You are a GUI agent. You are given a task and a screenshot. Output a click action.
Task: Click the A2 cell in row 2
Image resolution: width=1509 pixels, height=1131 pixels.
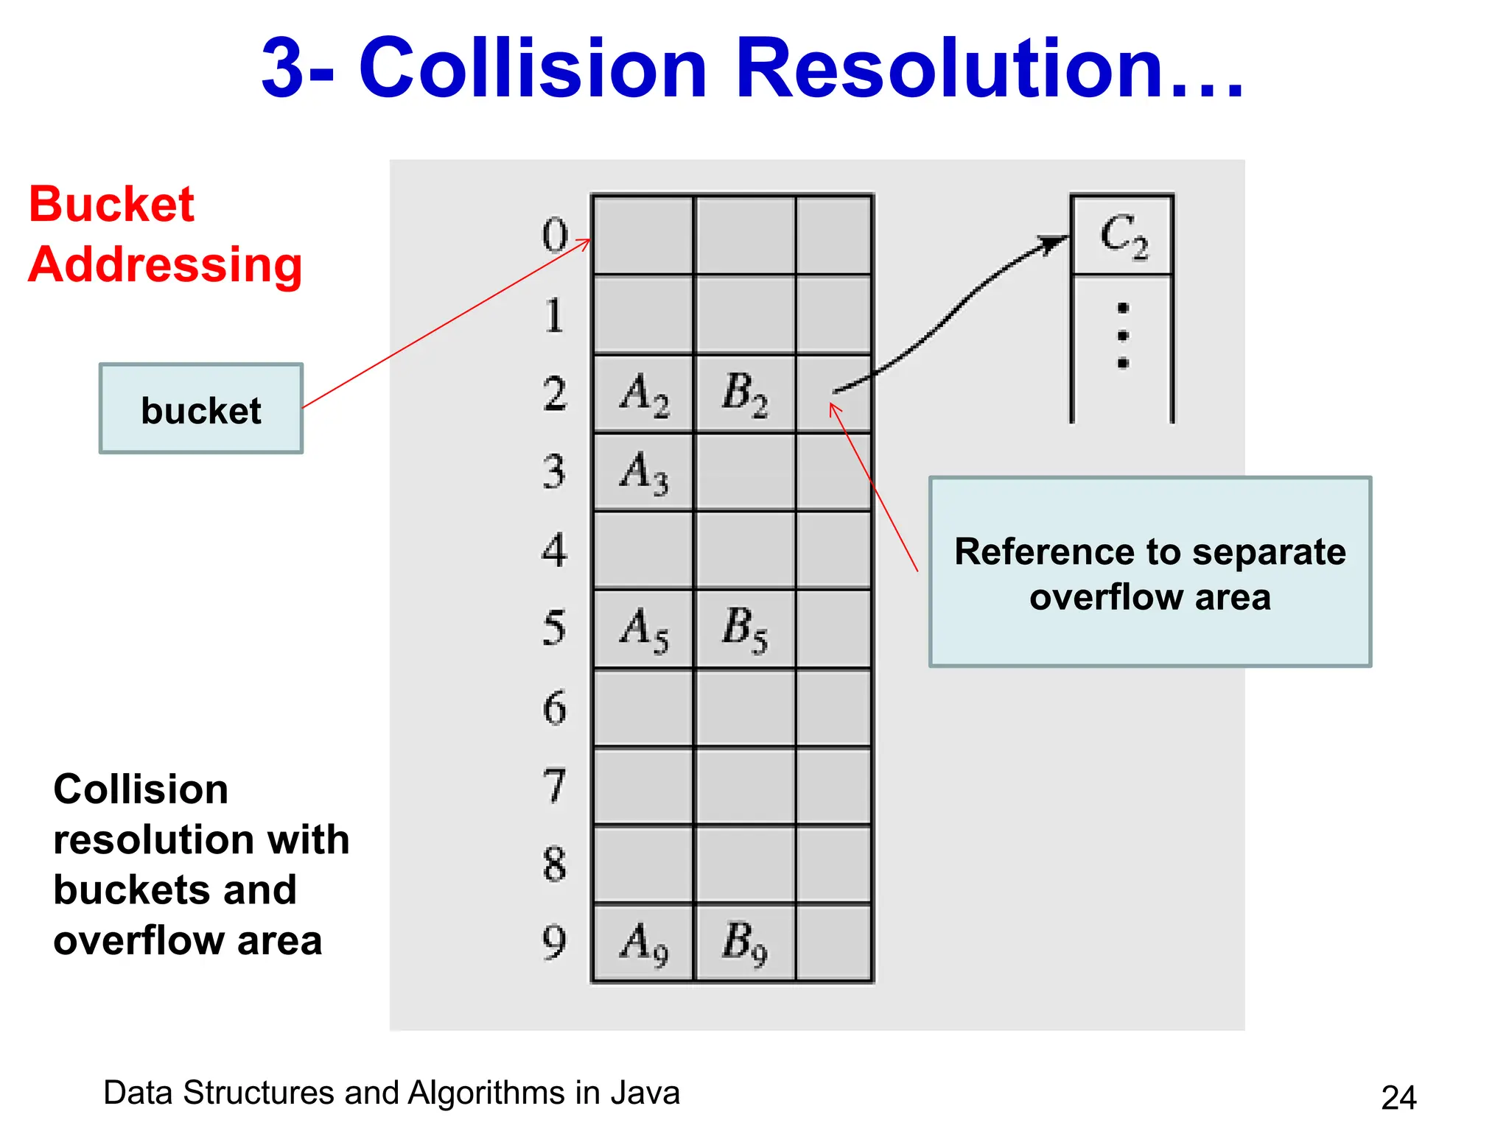644,393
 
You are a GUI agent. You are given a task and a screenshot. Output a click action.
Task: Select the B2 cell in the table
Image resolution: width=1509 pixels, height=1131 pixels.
745,393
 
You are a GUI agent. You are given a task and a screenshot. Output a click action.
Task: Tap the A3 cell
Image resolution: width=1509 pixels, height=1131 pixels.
644,472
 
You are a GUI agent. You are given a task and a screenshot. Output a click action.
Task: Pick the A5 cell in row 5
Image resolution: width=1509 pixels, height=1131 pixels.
644,629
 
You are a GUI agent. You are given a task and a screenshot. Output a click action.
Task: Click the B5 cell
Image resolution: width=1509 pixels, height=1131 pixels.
745,629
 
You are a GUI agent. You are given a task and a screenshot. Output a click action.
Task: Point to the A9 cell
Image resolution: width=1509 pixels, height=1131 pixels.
644,943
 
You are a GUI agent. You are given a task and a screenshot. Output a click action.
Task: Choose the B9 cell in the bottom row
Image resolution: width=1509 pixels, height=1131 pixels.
745,943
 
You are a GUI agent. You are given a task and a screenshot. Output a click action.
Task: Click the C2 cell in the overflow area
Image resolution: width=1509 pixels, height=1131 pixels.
1122,236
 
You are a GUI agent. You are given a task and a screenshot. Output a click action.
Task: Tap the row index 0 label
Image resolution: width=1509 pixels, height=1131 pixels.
555,236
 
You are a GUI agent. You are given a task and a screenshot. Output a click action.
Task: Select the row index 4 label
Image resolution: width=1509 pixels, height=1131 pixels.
555,550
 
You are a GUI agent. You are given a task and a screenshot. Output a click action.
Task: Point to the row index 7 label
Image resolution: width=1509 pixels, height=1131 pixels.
555,786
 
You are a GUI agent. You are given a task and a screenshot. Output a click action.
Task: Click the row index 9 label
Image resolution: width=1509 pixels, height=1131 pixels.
555,942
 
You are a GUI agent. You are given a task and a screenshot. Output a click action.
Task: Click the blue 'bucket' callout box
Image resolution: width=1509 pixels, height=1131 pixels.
201,409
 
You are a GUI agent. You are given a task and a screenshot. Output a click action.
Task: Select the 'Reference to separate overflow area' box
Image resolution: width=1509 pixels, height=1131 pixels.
1149,572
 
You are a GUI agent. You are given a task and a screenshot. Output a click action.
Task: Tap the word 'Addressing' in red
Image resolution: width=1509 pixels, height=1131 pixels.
165,265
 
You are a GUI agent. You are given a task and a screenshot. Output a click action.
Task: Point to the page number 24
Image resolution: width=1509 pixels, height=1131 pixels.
1398,1098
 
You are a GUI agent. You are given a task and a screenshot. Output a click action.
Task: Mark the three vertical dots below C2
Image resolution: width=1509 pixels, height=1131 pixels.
1123,336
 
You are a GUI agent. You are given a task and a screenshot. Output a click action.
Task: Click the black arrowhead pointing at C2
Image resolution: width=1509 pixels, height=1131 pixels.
1054,243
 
